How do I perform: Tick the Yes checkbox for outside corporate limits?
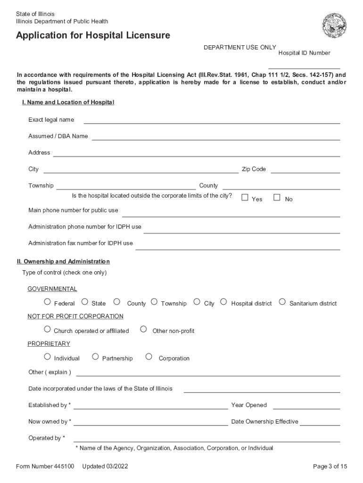[245, 198]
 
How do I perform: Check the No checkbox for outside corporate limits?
[277, 198]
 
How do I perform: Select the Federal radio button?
[47, 302]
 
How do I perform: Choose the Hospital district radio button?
[224, 302]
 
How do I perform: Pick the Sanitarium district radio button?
[282, 302]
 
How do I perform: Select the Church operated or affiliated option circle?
[47, 329]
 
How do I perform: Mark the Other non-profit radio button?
[144, 329]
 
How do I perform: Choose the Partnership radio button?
[95, 357]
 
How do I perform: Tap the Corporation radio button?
[149, 357]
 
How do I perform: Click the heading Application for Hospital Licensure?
[93, 36]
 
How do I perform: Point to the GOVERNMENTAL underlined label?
[52, 289]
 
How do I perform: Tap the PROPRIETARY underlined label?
[49, 344]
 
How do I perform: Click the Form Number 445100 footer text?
[45, 466]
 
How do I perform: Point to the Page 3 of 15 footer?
[330, 466]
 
